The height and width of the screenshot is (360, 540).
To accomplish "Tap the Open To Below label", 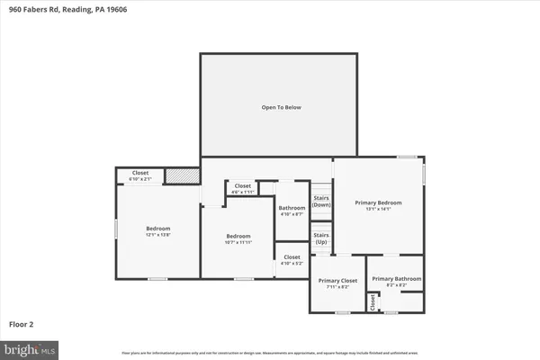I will pos(281,107).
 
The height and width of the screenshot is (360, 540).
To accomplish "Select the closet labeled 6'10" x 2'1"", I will pos(139,175).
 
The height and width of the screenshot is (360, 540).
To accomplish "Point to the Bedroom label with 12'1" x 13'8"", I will pos(157,231).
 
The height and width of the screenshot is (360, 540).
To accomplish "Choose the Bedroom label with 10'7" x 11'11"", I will pos(238,238).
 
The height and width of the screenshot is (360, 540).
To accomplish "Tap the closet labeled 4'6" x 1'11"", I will pos(243,188).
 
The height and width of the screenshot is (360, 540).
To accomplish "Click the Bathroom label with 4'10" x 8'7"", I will pos(292,211).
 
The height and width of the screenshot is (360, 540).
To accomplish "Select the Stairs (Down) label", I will pos(321,201).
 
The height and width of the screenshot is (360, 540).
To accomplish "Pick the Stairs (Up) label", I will pos(321,238).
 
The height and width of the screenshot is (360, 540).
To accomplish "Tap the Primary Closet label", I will pos(338,283).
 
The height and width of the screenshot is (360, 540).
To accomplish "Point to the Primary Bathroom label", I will pos(395,281).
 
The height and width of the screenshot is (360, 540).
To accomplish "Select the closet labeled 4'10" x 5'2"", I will pos(292,259).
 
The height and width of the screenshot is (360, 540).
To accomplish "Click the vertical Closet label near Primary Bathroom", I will pos(373,302).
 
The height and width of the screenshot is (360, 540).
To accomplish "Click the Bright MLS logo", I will pos(31,346).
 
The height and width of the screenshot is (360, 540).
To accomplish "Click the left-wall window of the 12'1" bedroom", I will pos(115,229).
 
